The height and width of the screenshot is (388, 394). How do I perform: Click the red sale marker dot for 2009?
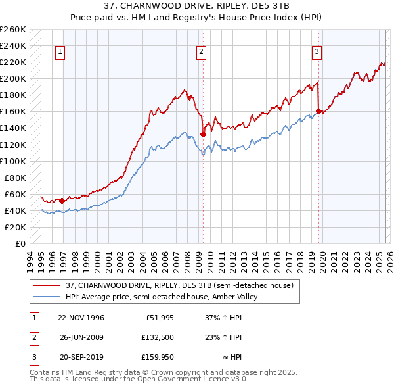[203, 134]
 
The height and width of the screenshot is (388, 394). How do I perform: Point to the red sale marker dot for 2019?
[318, 111]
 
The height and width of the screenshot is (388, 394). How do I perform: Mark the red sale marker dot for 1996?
[62, 201]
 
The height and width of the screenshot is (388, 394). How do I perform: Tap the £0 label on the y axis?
[20, 243]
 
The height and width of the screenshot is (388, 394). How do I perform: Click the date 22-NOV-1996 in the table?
[81, 317]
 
